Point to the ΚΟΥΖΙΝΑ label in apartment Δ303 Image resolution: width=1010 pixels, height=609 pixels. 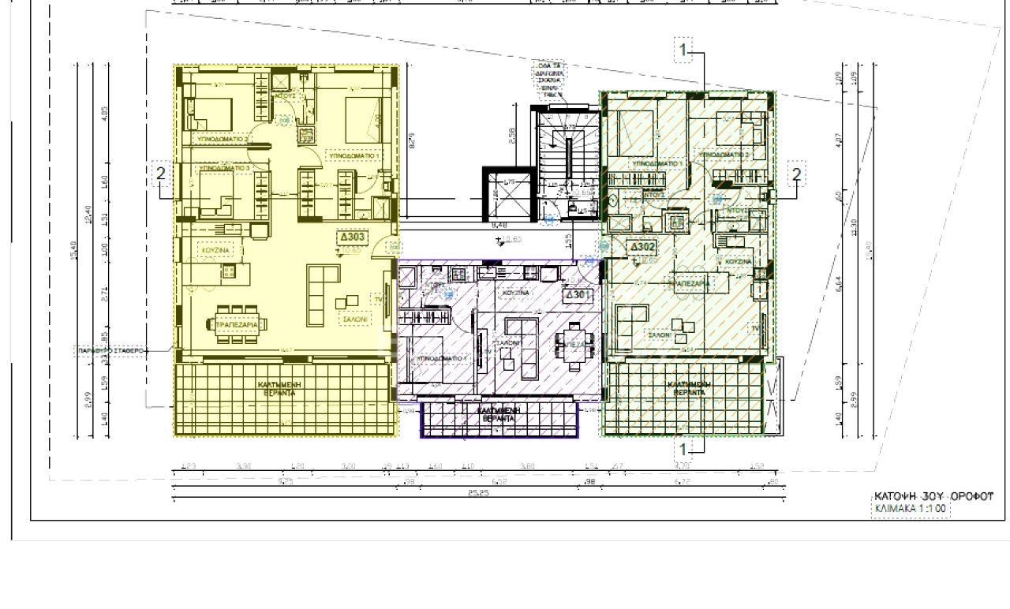click(x=215, y=250)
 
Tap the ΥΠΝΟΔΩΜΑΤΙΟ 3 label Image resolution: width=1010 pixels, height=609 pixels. click(x=224, y=168)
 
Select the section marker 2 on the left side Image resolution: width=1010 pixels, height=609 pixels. click(x=161, y=174)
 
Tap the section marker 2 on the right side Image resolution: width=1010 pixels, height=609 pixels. click(x=796, y=174)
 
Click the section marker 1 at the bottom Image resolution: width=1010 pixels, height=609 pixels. click(x=683, y=450)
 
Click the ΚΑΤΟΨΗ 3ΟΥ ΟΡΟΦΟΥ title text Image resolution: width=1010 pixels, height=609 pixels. click(x=933, y=495)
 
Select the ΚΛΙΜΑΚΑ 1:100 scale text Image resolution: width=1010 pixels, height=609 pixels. click(x=910, y=509)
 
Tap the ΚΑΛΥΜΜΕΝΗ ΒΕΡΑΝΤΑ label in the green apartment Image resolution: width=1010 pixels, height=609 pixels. click(x=685, y=388)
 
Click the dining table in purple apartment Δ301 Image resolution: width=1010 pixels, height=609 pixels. click(x=570, y=345)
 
